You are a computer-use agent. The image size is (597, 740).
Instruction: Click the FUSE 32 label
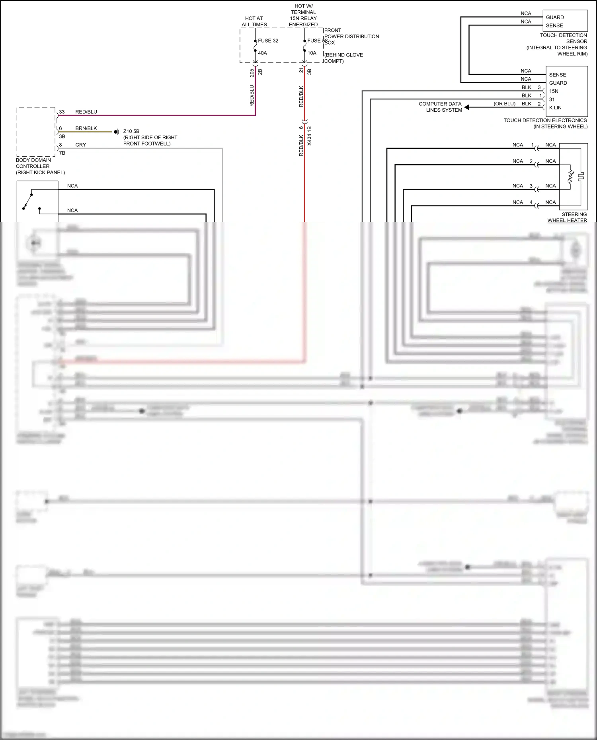point(268,41)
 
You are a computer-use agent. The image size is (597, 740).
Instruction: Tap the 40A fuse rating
point(262,53)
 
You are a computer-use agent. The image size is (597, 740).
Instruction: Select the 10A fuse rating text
point(312,53)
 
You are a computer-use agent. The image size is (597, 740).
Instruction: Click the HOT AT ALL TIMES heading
point(254,21)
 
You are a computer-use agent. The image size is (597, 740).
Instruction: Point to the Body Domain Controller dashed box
point(36,132)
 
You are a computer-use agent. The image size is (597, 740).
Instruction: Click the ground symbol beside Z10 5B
point(117,132)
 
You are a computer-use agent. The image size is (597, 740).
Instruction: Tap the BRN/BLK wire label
point(86,128)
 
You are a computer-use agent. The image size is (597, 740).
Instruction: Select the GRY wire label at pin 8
point(80,145)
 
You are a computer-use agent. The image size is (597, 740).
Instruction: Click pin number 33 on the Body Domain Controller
point(62,112)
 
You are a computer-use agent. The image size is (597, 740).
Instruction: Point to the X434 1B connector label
point(309,136)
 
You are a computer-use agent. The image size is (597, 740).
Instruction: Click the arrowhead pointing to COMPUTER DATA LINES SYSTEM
point(467,107)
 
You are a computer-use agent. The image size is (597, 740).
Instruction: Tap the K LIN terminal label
point(555,108)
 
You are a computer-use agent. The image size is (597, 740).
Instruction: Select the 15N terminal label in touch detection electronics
point(554,91)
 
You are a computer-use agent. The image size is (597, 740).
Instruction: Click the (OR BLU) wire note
point(504,104)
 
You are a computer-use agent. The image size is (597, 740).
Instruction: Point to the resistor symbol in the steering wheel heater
point(570,177)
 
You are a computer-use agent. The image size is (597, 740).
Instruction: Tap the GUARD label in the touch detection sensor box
point(555,17)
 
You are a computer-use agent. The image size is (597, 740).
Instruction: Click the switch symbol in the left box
point(28,201)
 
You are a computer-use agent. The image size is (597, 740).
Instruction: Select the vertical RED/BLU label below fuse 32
point(252,95)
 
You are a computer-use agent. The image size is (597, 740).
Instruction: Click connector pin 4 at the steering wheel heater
point(531,202)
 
